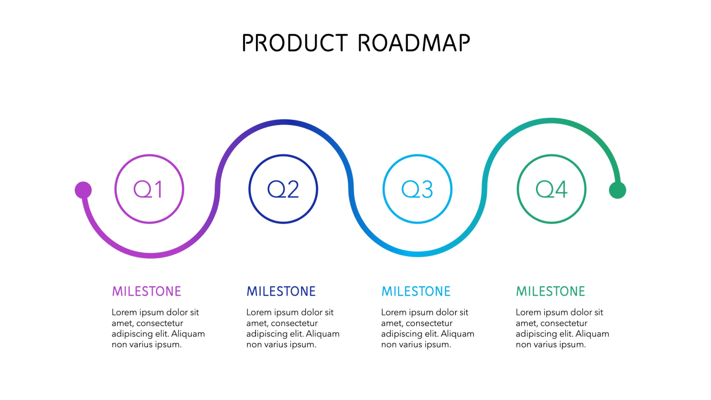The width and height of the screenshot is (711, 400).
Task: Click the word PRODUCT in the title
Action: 295,43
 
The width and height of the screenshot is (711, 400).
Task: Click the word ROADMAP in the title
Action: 414,43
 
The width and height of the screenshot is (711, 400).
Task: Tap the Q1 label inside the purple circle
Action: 148,189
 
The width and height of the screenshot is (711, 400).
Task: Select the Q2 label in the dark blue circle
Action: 283,189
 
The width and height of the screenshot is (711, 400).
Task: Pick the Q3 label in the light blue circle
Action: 417,189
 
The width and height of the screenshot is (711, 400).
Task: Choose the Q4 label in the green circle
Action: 551,189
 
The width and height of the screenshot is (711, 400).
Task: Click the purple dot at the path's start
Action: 83,190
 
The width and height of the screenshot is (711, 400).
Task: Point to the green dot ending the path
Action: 617,190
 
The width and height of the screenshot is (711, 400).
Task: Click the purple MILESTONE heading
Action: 147,292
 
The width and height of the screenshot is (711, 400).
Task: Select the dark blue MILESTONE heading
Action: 281,292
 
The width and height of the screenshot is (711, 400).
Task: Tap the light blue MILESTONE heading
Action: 416,292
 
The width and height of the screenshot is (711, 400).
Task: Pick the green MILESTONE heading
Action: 551,292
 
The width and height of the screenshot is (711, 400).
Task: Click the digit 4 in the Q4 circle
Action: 561,189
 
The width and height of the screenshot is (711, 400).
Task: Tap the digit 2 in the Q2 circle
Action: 292,189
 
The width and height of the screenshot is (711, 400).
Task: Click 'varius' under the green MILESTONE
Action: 551,344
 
